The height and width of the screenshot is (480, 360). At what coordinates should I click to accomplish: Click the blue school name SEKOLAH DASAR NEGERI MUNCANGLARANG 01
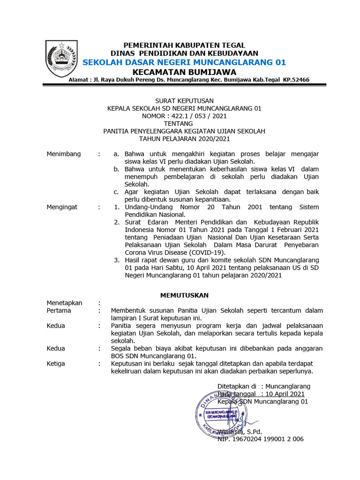tap(184, 62)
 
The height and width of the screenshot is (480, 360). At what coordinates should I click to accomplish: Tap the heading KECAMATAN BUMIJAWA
tap(184, 72)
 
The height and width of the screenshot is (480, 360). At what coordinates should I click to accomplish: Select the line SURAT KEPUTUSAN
tap(184, 100)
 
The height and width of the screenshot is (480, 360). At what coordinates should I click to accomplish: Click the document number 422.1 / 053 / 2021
tap(199, 116)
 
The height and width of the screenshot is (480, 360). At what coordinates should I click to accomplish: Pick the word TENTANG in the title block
tap(184, 123)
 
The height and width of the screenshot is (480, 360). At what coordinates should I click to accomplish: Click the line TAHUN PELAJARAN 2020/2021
tap(184, 139)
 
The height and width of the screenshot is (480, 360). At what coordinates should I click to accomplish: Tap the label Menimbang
tap(63, 154)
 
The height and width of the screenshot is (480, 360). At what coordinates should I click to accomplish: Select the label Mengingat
tap(62, 207)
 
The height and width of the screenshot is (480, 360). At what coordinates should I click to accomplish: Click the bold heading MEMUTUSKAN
tap(184, 295)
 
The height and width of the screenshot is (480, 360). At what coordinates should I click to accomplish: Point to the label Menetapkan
tap(64, 303)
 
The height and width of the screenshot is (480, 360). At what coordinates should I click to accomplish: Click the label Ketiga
tap(56, 363)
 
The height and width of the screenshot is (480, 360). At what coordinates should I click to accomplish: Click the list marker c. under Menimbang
tap(116, 192)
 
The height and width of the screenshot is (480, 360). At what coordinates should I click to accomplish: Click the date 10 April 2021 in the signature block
tap(283, 394)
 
